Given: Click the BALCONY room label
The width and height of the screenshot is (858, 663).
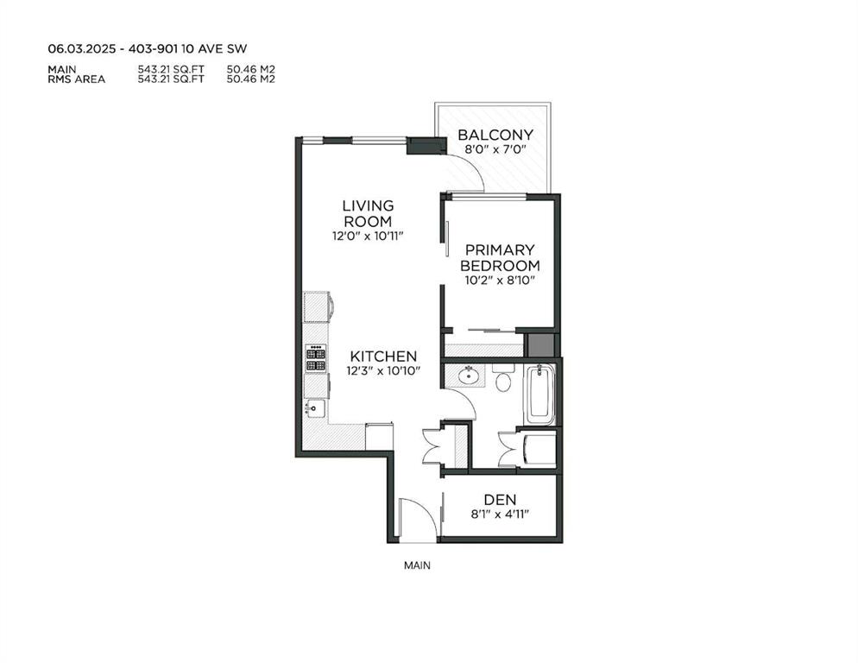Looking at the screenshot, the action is pyautogui.click(x=495, y=135).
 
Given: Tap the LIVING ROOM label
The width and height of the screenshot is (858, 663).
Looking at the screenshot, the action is pyautogui.click(x=368, y=213).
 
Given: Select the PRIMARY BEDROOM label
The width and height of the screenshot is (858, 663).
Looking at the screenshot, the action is pyautogui.click(x=500, y=258).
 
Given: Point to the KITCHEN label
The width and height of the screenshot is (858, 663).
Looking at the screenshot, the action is pyautogui.click(x=383, y=357).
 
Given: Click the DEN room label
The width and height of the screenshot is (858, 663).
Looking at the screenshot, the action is pyautogui.click(x=500, y=499).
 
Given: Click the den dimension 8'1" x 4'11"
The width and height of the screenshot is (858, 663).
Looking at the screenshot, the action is pyautogui.click(x=500, y=515).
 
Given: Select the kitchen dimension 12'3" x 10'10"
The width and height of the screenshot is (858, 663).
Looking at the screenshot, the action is pyautogui.click(x=383, y=370).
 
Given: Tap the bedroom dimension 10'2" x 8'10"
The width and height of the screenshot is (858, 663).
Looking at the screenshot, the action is pyautogui.click(x=500, y=281).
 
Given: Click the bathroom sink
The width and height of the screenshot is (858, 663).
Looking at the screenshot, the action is pyautogui.click(x=468, y=376).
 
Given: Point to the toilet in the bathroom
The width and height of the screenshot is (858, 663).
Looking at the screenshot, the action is pyautogui.click(x=503, y=379).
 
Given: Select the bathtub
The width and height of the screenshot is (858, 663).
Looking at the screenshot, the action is pyautogui.click(x=540, y=395).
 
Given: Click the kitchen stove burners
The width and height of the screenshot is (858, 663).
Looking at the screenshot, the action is pyautogui.click(x=316, y=358).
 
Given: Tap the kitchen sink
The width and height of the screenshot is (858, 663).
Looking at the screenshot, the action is pyautogui.click(x=315, y=407).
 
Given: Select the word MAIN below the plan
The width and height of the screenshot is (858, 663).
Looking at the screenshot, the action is pyautogui.click(x=417, y=565).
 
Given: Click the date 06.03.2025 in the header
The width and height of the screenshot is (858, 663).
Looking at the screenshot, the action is pyautogui.click(x=81, y=48).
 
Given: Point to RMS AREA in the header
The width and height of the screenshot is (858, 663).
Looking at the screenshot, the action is pyautogui.click(x=76, y=79).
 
